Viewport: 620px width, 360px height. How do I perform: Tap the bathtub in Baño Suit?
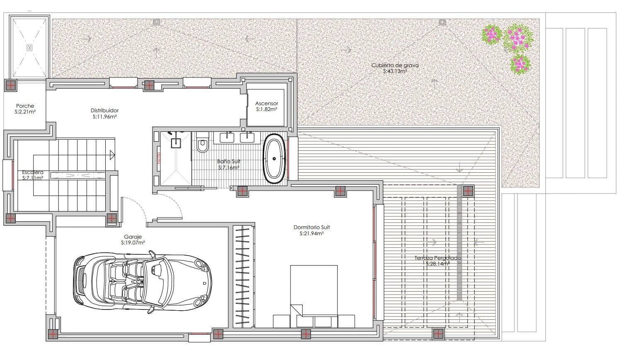(x=274, y=158)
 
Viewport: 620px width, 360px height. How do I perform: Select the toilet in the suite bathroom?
(x=203, y=144)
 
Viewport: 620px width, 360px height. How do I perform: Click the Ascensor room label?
(x=266, y=104)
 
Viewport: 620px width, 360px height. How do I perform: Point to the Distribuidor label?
(x=105, y=111)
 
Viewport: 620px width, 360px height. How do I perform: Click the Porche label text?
(x=25, y=106)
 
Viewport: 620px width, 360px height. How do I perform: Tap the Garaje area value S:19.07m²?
(x=133, y=243)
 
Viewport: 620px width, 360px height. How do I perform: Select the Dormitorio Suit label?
(x=312, y=227)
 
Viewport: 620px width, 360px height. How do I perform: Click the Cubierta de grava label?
(x=395, y=65)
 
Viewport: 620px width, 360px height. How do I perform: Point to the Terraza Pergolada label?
(x=437, y=258)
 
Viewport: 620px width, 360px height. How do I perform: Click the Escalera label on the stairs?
(x=33, y=172)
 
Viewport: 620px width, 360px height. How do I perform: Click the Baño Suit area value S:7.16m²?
(x=229, y=168)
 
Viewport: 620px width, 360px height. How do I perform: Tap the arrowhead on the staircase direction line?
(x=112, y=155)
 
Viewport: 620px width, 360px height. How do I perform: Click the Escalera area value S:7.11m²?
(x=33, y=178)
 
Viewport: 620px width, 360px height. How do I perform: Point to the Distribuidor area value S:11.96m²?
(x=105, y=117)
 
